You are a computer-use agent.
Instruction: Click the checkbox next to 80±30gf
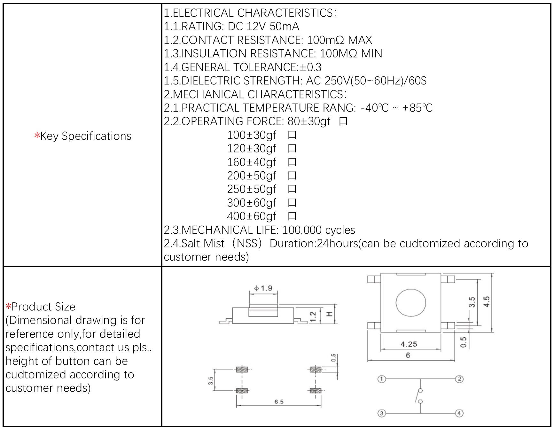point(343,121)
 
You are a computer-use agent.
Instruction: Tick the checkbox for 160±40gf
point(292,162)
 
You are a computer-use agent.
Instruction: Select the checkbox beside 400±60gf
point(292,216)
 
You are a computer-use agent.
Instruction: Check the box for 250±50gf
point(292,189)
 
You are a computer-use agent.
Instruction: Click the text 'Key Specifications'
point(85,136)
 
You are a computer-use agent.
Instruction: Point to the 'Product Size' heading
point(43,307)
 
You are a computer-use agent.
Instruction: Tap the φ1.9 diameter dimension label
point(263,288)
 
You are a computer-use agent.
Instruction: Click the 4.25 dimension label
point(409,344)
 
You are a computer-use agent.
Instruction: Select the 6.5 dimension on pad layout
point(279,402)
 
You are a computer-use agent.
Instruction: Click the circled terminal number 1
point(381,379)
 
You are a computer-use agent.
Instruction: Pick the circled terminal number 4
point(459,413)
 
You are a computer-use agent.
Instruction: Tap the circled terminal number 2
point(459,379)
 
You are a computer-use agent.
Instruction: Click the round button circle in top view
point(411,302)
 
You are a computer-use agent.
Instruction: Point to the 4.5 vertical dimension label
point(487,302)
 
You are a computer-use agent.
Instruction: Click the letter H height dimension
point(329,314)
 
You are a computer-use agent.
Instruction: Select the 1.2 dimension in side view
point(313,316)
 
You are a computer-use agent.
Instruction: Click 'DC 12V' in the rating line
point(247,27)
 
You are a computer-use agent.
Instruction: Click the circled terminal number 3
point(381,413)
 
